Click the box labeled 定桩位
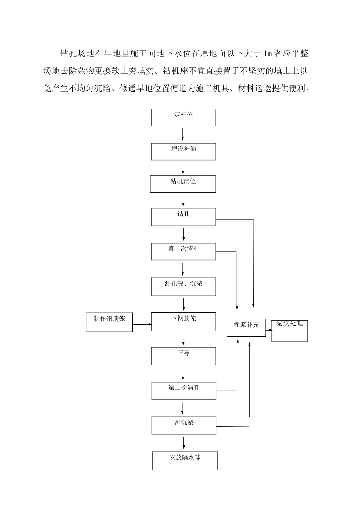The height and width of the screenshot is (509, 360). [183, 117]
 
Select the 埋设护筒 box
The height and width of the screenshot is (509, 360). [183, 151]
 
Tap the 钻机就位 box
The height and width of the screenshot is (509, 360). [183, 184]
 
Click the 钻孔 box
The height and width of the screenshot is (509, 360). [183, 217]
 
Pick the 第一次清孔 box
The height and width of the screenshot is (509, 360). [183, 251]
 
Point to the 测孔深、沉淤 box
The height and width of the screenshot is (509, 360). [183, 287]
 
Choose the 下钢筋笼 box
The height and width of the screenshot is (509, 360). [183, 322]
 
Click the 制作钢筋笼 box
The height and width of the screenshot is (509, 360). [109, 322]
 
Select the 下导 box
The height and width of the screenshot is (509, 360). [183, 356]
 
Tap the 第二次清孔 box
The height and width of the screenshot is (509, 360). [184, 391]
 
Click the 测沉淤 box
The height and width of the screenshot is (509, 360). [184, 425]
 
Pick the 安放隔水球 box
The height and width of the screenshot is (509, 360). [185, 461]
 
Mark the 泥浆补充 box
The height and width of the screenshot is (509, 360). [246, 327]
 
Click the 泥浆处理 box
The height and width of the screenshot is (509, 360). [289, 330]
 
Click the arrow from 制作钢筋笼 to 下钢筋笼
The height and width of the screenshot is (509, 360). [142, 324]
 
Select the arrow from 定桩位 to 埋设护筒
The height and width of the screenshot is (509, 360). [183, 134]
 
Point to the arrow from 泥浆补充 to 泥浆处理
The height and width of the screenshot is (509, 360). [269, 330]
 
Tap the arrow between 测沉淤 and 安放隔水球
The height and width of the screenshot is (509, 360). [184, 443]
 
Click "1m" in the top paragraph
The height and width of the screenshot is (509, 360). [268, 54]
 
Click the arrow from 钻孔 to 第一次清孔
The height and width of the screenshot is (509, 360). [184, 234]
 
